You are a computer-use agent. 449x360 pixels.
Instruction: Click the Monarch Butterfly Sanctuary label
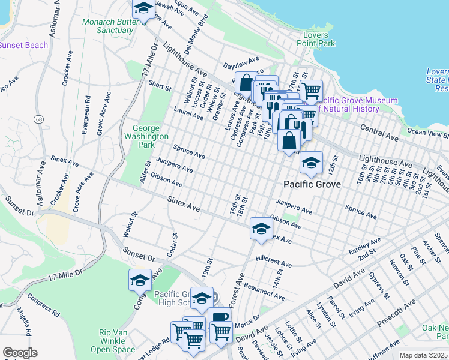coord(107,26)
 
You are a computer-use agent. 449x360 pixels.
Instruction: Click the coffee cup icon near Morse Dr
coord(220,316)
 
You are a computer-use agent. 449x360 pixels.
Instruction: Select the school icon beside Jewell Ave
coord(143,8)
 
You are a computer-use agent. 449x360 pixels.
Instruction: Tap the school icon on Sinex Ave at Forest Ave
coord(261,228)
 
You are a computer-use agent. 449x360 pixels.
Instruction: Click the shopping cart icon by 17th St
coord(310,91)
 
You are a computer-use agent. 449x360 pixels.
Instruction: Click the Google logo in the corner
coord(20,353)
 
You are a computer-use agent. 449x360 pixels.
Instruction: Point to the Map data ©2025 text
coord(423,355)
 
